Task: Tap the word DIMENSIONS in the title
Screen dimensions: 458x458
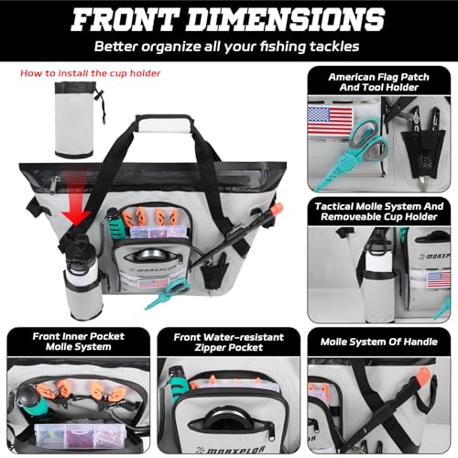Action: pyautogui.click(x=286, y=19)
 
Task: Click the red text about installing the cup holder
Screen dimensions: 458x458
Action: pyautogui.click(x=91, y=73)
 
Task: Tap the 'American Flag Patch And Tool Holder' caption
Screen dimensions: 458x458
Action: pyautogui.click(x=378, y=82)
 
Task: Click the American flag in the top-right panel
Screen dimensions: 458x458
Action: pyautogui.click(x=331, y=120)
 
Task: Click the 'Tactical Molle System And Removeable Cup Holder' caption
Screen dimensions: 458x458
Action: pyautogui.click(x=379, y=212)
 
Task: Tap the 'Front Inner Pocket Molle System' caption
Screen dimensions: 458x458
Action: pyautogui.click(x=79, y=342)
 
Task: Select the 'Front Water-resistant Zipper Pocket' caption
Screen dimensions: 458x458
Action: pyautogui.click(x=229, y=343)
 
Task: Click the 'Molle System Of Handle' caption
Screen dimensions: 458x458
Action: pyautogui.click(x=379, y=342)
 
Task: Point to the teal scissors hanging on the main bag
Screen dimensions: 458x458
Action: pyautogui.click(x=169, y=294)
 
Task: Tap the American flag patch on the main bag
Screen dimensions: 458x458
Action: pyautogui.click(x=153, y=283)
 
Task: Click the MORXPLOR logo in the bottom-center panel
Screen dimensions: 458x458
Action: pyautogui.click(x=230, y=451)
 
